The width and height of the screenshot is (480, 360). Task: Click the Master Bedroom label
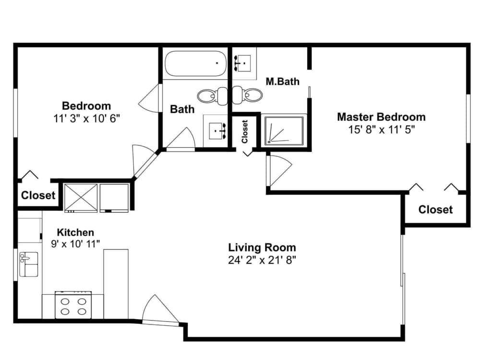(x=381, y=117)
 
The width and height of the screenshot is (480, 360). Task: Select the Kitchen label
(x=75, y=232)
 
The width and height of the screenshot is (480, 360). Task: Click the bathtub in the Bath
(x=194, y=64)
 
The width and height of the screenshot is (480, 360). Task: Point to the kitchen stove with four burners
(x=73, y=305)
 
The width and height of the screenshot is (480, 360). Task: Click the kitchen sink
(x=28, y=264)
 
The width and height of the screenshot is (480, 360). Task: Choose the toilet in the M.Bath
(x=251, y=95)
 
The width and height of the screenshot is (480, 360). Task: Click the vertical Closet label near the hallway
(x=245, y=131)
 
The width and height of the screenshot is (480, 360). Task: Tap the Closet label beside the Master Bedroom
(x=435, y=210)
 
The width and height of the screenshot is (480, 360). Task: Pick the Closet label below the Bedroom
(x=38, y=196)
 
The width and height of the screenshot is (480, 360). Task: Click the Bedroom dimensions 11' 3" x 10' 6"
(x=86, y=118)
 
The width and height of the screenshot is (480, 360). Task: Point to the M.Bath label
(x=282, y=82)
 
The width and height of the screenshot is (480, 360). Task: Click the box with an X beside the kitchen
(x=80, y=197)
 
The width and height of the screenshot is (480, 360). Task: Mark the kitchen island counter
(x=116, y=283)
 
